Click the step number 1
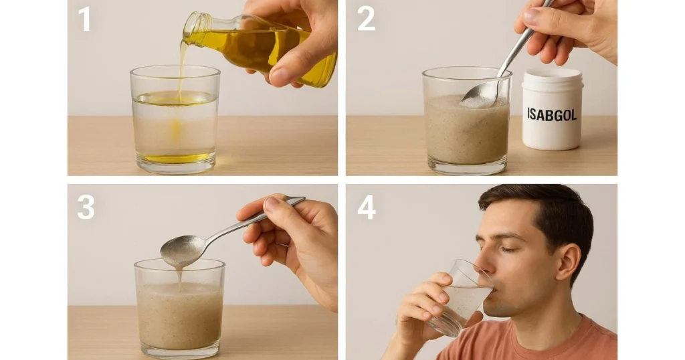click(x=84, y=19)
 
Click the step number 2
click(x=366, y=19)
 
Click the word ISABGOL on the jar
click(x=552, y=114)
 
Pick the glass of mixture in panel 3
click(x=179, y=314)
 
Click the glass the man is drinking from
click(x=462, y=298)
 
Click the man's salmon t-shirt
click(x=555, y=341)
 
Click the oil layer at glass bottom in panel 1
click(x=175, y=159)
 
